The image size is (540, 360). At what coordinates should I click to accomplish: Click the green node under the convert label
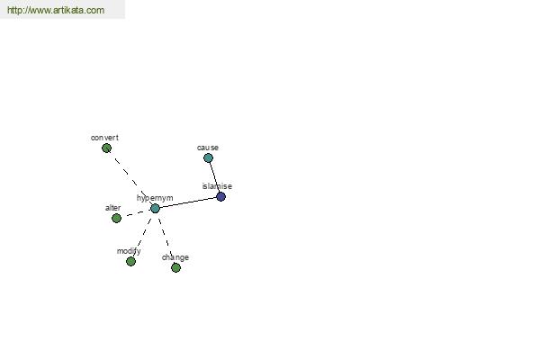coord(106,148)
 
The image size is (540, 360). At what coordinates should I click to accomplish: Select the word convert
coord(104,138)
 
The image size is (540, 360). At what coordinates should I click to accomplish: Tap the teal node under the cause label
coord(208,158)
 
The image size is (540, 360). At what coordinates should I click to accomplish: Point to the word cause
coord(208,148)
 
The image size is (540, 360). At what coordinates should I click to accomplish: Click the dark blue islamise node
coord(220,197)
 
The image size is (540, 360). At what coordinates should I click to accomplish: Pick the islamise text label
coord(217,186)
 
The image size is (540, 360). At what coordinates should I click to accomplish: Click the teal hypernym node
coord(155,209)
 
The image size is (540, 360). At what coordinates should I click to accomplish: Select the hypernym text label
coord(155,198)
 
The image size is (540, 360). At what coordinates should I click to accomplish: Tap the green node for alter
coord(116,218)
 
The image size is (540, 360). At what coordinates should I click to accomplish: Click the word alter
coord(113,208)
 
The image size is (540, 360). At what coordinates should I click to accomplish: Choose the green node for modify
coord(130,262)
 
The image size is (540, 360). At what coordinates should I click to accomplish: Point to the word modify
coord(129,251)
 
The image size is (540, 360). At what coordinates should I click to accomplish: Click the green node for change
coord(175,267)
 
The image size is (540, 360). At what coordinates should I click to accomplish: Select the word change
coord(175,257)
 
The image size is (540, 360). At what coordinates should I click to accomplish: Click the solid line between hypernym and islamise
coord(188,202)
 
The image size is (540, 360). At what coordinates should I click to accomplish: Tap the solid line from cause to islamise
coord(214,177)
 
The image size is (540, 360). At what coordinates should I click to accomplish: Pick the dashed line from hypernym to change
coord(166,238)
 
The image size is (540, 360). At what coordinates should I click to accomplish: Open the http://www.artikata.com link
coord(56,10)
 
